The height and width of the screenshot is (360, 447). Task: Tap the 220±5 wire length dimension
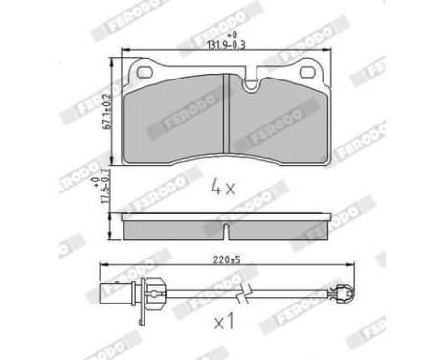[x=224, y=259]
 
